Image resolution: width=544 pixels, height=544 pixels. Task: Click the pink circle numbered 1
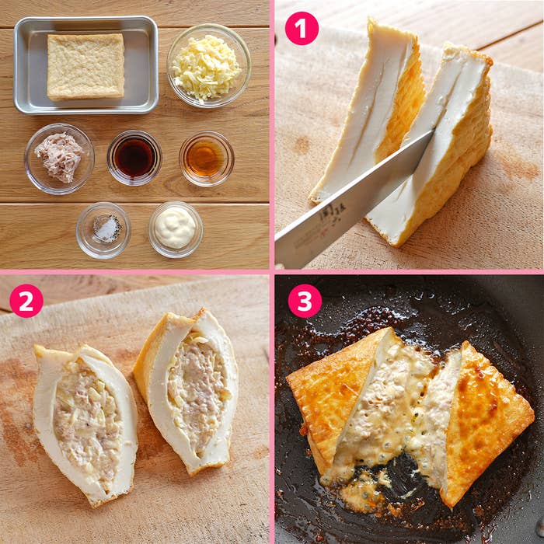(302, 29)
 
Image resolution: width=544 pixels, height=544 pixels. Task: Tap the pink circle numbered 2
(26, 301)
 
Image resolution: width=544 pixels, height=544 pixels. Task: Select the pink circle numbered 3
(305, 301)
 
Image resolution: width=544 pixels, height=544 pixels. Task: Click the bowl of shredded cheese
(209, 65)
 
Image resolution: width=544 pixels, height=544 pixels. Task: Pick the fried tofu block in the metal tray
(85, 66)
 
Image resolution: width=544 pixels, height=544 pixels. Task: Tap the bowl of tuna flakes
(60, 159)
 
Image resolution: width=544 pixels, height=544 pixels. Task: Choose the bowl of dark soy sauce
(134, 158)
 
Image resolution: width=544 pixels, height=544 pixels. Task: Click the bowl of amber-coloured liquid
(207, 159)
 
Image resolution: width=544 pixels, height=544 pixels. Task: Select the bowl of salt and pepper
(103, 230)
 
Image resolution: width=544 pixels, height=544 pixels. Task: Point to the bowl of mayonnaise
(176, 229)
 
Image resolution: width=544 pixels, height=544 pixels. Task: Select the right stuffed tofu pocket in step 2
(187, 389)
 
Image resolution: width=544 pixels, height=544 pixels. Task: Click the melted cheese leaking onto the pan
(364, 493)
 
